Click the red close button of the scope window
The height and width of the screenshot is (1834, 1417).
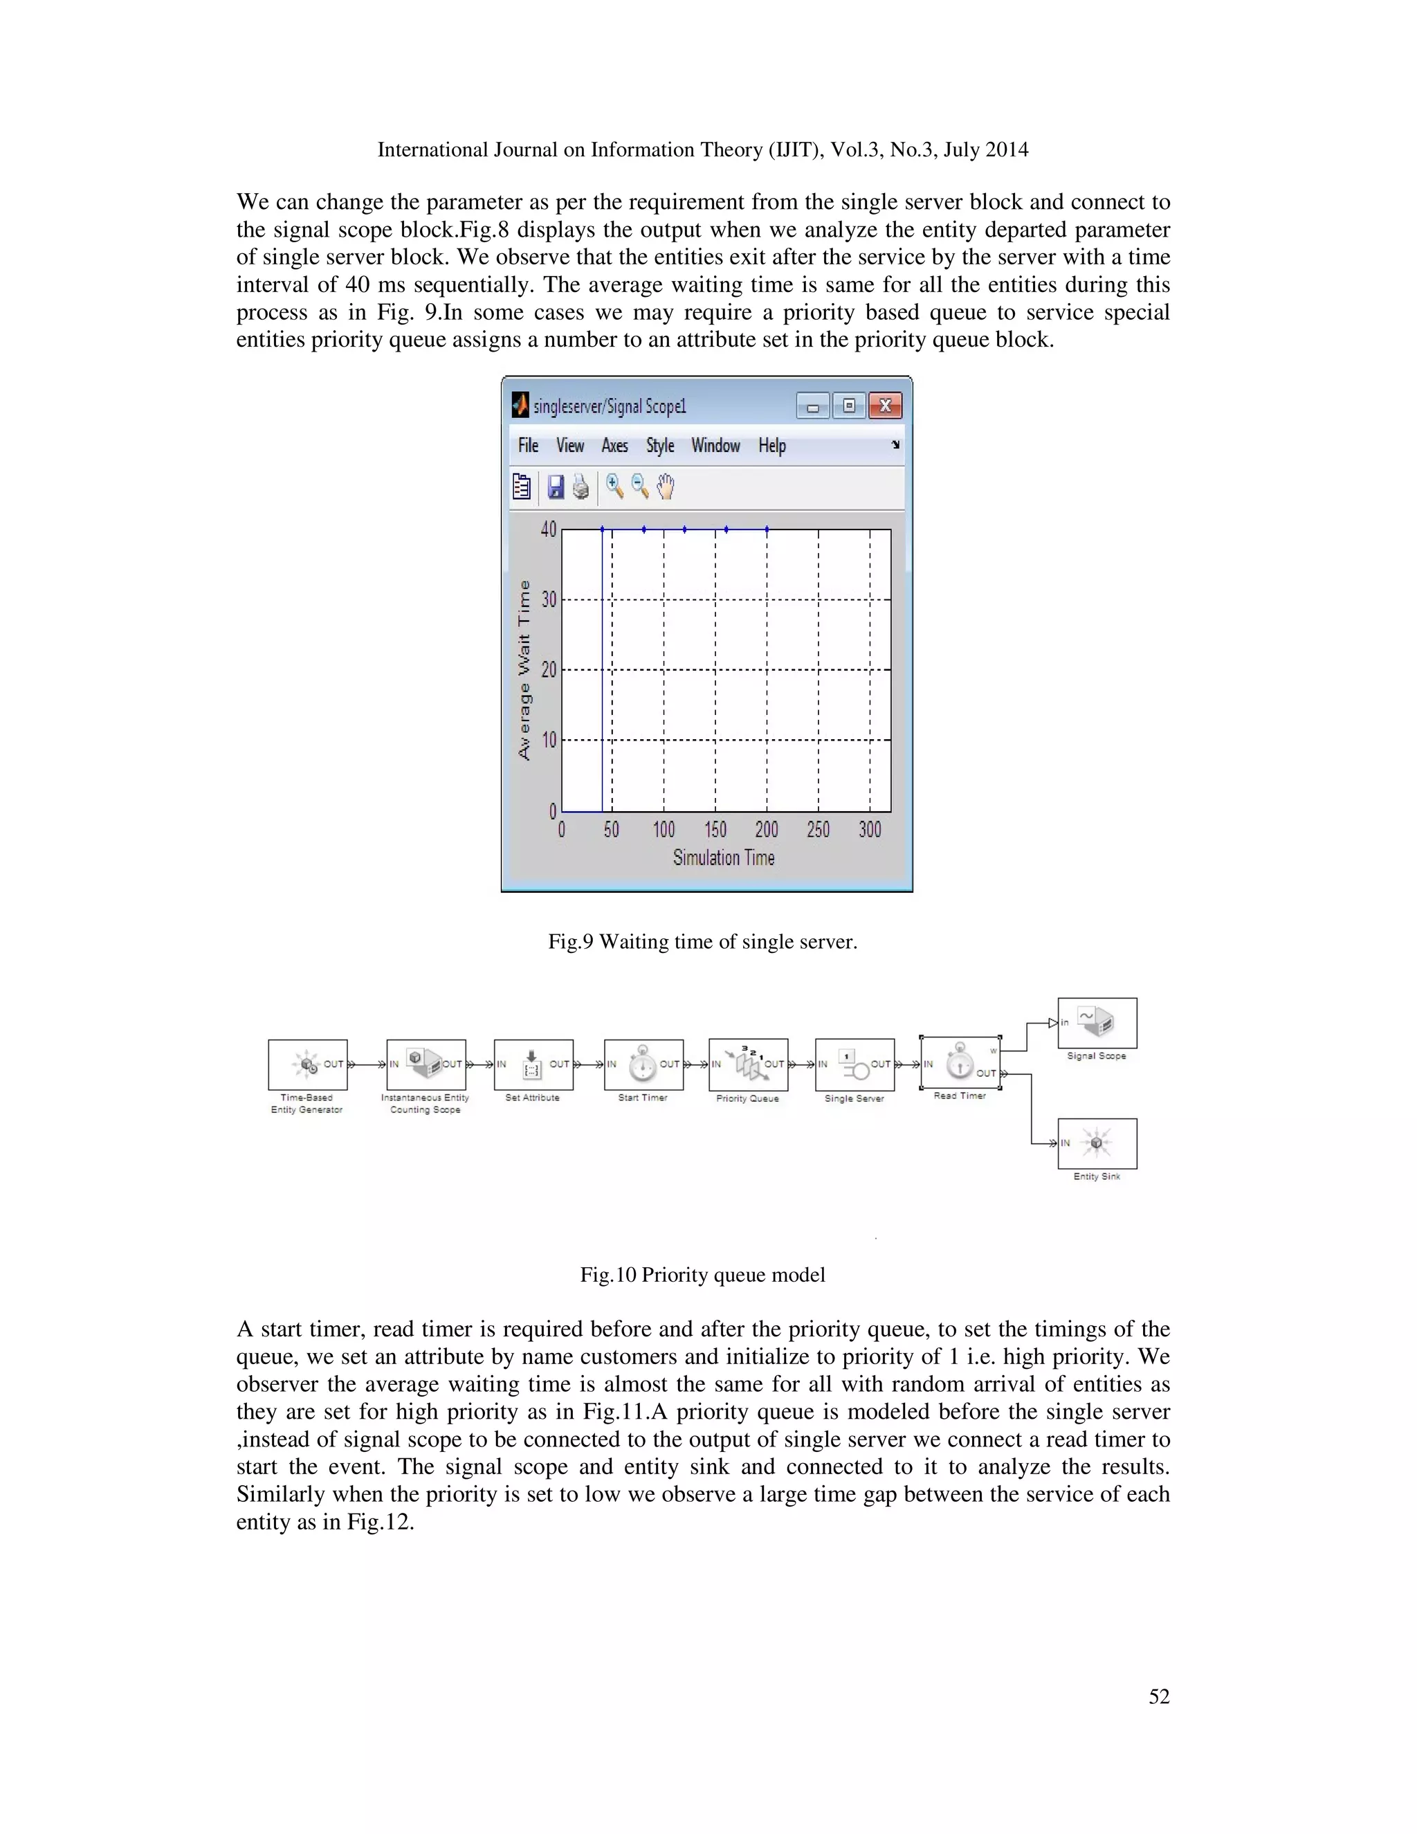pyautogui.click(x=885, y=406)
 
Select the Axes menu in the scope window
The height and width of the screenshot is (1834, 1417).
pyautogui.click(x=614, y=446)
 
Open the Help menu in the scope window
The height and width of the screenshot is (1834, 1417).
pyautogui.click(x=771, y=446)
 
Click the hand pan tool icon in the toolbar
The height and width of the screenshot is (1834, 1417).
pyautogui.click(x=666, y=487)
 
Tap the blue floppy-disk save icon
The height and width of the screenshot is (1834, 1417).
pyautogui.click(x=556, y=487)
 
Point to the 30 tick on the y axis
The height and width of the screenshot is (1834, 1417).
pyautogui.click(x=549, y=599)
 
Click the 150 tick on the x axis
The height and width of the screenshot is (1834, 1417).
pyautogui.click(x=715, y=830)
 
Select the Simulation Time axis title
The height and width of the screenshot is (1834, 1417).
pyautogui.click(x=724, y=857)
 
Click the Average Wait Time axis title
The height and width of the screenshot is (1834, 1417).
pyautogui.click(x=524, y=670)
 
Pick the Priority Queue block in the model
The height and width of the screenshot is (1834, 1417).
pyautogui.click(x=748, y=1065)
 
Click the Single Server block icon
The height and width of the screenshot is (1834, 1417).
pyautogui.click(x=854, y=1065)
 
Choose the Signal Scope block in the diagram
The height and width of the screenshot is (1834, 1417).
pyautogui.click(x=1097, y=1023)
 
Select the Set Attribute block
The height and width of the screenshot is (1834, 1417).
pyautogui.click(x=533, y=1065)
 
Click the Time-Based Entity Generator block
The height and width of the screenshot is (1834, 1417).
pyautogui.click(x=307, y=1065)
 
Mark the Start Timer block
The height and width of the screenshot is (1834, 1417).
pyautogui.click(x=643, y=1065)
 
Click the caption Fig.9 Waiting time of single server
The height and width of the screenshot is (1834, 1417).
pyautogui.click(x=703, y=941)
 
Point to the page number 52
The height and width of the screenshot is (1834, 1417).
pyautogui.click(x=1158, y=1696)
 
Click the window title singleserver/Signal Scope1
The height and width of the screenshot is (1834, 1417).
pyautogui.click(x=610, y=406)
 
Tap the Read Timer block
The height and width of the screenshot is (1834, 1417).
pyautogui.click(x=960, y=1063)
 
